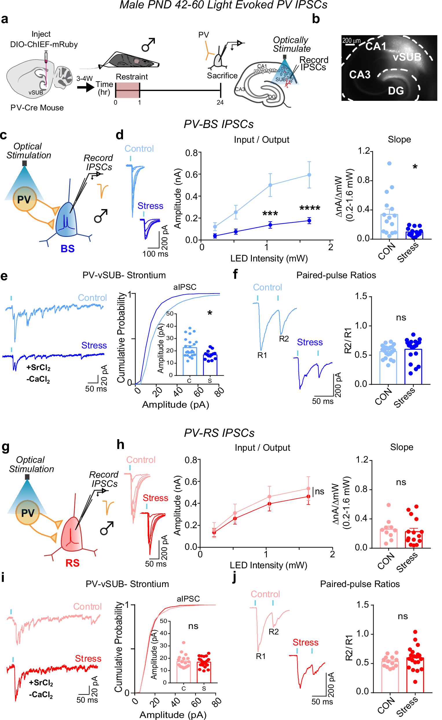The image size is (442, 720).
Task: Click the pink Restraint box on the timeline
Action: pyautogui.click(x=128, y=90)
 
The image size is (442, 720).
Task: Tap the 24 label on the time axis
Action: pyautogui.click(x=220, y=103)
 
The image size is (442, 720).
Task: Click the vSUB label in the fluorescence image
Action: pyautogui.click(x=407, y=57)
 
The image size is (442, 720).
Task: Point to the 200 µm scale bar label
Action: pyautogui.click(x=351, y=40)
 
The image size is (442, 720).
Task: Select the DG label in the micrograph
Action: pyautogui.click(x=396, y=91)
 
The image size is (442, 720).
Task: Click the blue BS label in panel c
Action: pyautogui.click(x=68, y=249)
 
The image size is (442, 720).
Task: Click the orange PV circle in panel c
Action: pyautogui.click(x=24, y=199)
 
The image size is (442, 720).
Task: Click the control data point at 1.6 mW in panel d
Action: pyautogui.click(x=309, y=175)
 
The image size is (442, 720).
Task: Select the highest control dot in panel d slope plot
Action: pyautogui.click(x=389, y=163)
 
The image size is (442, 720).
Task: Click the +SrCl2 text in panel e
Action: pyautogui.click(x=38, y=368)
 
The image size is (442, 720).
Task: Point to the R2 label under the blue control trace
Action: pyautogui.click(x=284, y=339)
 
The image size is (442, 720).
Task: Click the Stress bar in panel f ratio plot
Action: pyautogui.click(x=413, y=366)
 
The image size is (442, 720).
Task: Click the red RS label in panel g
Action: pyautogui.click(x=72, y=563)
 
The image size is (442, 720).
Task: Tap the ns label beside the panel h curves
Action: pyautogui.click(x=320, y=491)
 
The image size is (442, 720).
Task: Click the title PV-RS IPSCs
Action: pyautogui.click(x=219, y=433)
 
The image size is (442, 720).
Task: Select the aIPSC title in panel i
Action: pyautogui.click(x=188, y=599)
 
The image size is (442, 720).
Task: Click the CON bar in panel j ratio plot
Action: pyautogui.click(x=390, y=676)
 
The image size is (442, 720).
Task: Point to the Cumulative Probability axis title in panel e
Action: pyautogui.click(x=121, y=338)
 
